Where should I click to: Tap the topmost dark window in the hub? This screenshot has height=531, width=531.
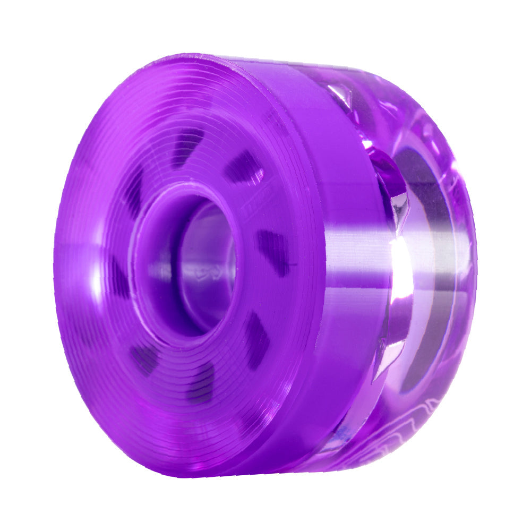pyautogui.click(x=187, y=144)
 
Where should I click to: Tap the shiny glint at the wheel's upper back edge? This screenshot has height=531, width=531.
pyautogui.click(x=340, y=96)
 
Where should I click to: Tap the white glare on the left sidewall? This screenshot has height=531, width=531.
pyautogui.click(x=96, y=276)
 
